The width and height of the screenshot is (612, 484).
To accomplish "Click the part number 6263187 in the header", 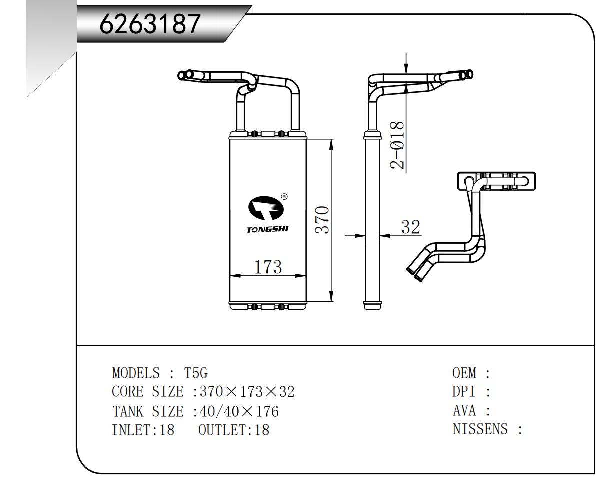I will click(x=150, y=23).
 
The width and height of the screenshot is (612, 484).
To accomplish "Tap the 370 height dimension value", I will click(x=322, y=220).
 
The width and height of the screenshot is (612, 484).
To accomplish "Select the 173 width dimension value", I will click(x=268, y=267).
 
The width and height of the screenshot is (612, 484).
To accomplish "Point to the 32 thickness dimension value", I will click(x=411, y=227).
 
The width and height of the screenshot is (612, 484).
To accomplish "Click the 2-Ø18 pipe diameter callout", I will click(x=398, y=145).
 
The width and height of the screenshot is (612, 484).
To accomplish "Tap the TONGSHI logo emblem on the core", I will click(x=265, y=209).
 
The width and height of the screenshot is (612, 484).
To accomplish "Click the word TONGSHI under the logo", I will click(x=267, y=230).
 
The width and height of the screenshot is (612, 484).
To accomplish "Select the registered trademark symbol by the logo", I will click(x=284, y=197).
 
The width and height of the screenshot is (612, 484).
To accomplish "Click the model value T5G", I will click(x=196, y=373).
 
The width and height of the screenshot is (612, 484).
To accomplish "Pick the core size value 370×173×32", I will click(x=247, y=392).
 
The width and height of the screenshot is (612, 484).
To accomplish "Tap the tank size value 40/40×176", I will click(x=239, y=411).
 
